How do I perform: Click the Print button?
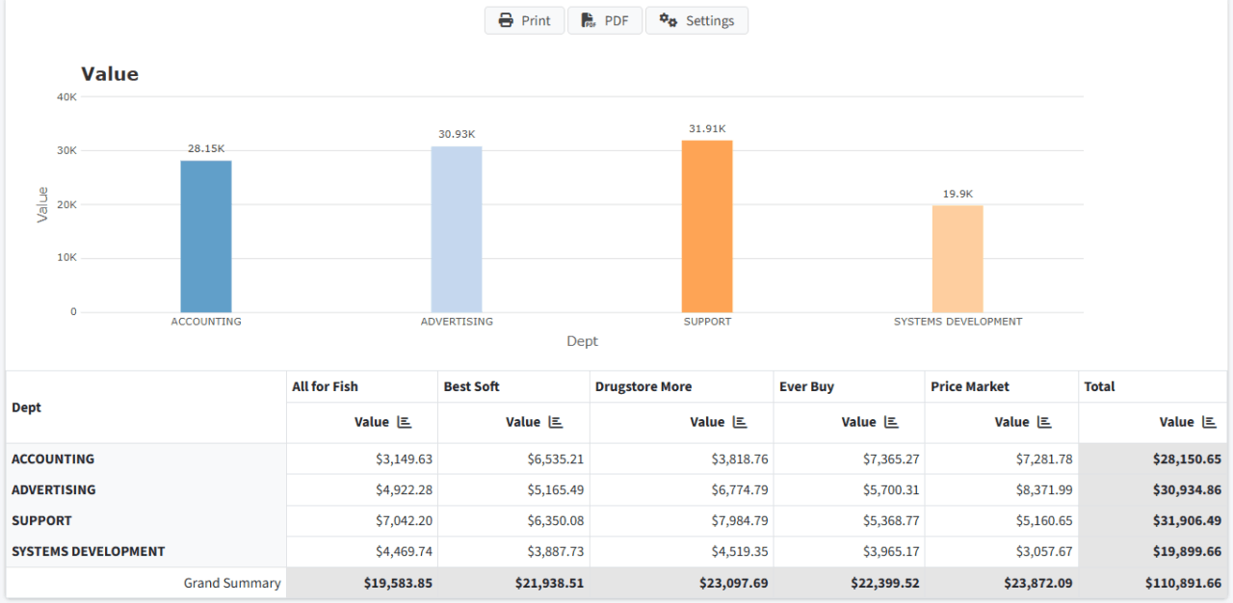(524, 20)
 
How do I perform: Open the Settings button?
(696, 20)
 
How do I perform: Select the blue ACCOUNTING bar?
(206, 236)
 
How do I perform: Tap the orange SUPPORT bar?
(707, 226)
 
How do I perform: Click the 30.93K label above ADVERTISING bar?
(457, 134)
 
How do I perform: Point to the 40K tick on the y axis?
(66, 96)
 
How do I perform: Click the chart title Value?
(110, 74)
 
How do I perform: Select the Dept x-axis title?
(582, 341)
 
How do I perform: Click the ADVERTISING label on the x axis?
(457, 322)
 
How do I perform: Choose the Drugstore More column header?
(643, 386)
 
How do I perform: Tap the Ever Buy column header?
(807, 386)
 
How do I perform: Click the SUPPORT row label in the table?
(41, 520)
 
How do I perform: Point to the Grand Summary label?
(232, 583)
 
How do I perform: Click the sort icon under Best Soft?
(556, 422)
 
